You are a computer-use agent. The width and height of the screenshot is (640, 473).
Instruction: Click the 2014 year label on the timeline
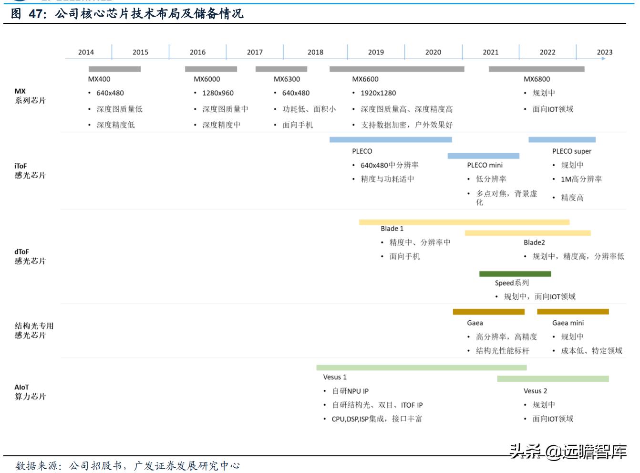tap(86, 52)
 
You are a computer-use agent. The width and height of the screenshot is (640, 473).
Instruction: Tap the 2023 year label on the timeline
tap(604, 52)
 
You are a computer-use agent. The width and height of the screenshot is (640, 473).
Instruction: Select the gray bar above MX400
tap(114, 69)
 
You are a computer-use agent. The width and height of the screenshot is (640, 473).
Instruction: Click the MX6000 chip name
tap(207, 79)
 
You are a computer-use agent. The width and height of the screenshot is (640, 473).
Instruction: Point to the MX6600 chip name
tap(365, 79)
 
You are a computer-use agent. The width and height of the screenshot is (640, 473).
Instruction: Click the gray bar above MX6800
tap(537, 69)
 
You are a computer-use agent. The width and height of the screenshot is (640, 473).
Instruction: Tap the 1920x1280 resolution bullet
tap(378, 93)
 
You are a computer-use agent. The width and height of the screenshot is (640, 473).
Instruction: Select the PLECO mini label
tap(485, 165)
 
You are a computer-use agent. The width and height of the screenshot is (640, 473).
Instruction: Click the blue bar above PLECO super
tap(562, 140)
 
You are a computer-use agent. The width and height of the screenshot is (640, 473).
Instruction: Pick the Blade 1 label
tap(392, 229)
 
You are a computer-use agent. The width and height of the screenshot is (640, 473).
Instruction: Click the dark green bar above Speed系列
tap(515, 274)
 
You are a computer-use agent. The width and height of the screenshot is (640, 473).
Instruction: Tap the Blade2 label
tap(534, 242)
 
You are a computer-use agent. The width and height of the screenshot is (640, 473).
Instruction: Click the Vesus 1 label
tap(335, 377)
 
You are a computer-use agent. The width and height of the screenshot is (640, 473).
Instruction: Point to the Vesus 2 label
tap(535, 391)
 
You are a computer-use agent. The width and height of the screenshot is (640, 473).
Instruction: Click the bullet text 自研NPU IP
tap(350, 391)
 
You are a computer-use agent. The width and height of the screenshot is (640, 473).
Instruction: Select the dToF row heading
tap(30, 256)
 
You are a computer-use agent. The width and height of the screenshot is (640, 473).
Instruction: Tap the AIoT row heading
tap(30, 392)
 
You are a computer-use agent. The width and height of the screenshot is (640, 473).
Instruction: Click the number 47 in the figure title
tap(36, 14)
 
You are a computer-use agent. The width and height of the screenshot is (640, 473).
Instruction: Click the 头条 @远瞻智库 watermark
tap(568, 451)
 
